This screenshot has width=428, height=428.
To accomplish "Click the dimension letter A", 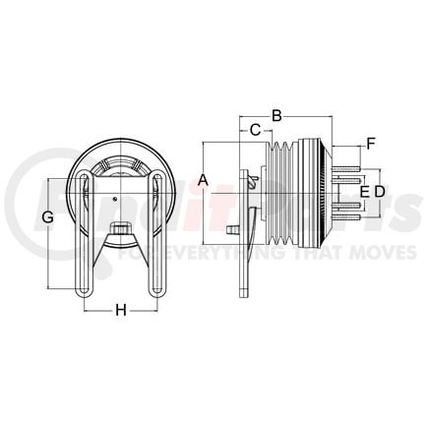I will [203, 179].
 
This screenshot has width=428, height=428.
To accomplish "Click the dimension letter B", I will [276, 116].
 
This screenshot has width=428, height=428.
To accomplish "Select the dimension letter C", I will [254, 130].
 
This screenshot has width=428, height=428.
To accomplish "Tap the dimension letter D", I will [379, 190].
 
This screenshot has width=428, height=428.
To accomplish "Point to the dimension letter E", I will [363, 190].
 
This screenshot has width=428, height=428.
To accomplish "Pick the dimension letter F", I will [371, 146].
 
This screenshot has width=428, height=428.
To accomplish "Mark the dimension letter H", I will [120, 310].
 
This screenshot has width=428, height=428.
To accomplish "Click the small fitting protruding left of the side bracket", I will [233, 229].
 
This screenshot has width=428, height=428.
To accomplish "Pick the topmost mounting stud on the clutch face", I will [343, 175].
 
